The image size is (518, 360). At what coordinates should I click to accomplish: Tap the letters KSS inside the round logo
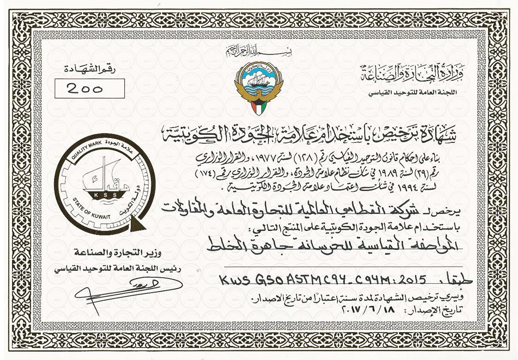[x=102, y=195]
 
